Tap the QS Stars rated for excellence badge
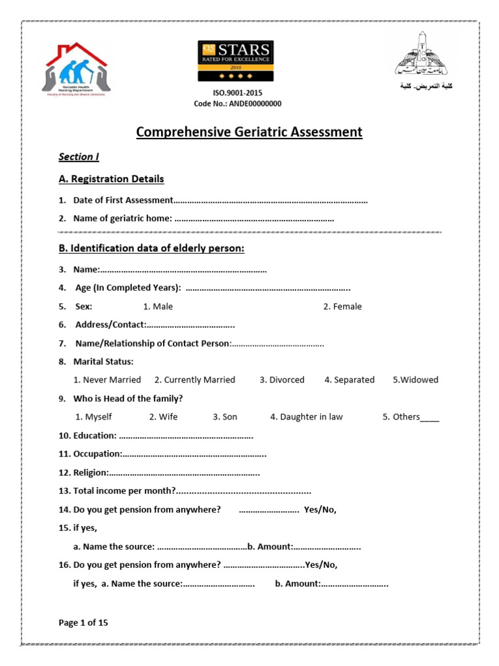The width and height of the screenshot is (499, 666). [x=235, y=61]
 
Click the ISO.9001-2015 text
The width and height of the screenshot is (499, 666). [x=238, y=93]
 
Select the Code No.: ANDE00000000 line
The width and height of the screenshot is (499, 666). [x=238, y=104]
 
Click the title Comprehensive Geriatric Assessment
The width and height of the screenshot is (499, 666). [x=249, y=133]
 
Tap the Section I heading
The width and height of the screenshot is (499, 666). [x=79, y=157]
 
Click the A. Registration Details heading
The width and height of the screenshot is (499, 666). [x=111, y=179]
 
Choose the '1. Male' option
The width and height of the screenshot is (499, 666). [x=158, y=306]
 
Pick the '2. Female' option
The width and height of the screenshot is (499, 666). [x=342, y=306]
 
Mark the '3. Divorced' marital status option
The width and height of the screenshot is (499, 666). [x=282, y=380]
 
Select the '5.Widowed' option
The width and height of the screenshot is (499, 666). [x=415, y=380]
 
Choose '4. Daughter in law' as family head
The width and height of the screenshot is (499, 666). [x=307, y=417]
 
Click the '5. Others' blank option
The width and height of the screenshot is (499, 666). [x=411, y=417]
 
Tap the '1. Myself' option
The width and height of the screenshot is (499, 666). [x=94, y=417]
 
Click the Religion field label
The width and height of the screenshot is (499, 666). [x=90, y=472]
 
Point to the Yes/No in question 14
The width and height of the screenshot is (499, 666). [x=320, y=510]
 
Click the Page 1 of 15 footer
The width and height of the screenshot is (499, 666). [x=83, y=622]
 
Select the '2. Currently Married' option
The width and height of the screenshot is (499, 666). [x=195, y=380]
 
